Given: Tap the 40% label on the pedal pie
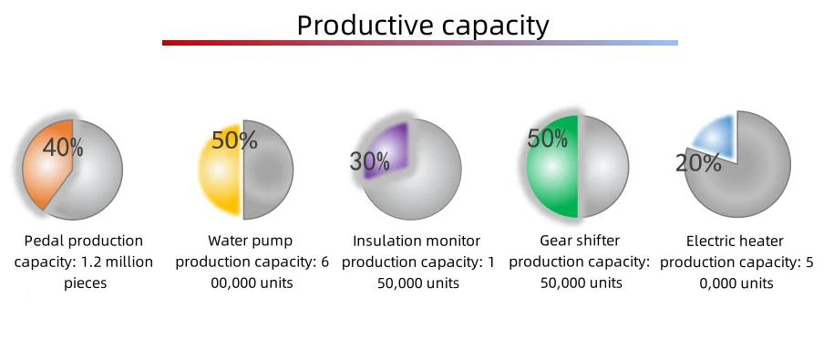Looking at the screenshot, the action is point(63,148).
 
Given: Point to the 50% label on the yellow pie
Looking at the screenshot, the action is point(234,140).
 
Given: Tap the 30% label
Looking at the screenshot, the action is point(370,160).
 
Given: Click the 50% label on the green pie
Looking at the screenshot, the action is point(547,139).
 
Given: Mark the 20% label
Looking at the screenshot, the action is point(698,163).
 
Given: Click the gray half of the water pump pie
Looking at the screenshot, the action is point(268,170).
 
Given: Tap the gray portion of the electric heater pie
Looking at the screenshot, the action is point(745,180).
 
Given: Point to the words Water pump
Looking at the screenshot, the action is point(251,241).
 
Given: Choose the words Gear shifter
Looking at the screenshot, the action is point(580,241).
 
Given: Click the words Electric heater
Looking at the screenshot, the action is point(735,242).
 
